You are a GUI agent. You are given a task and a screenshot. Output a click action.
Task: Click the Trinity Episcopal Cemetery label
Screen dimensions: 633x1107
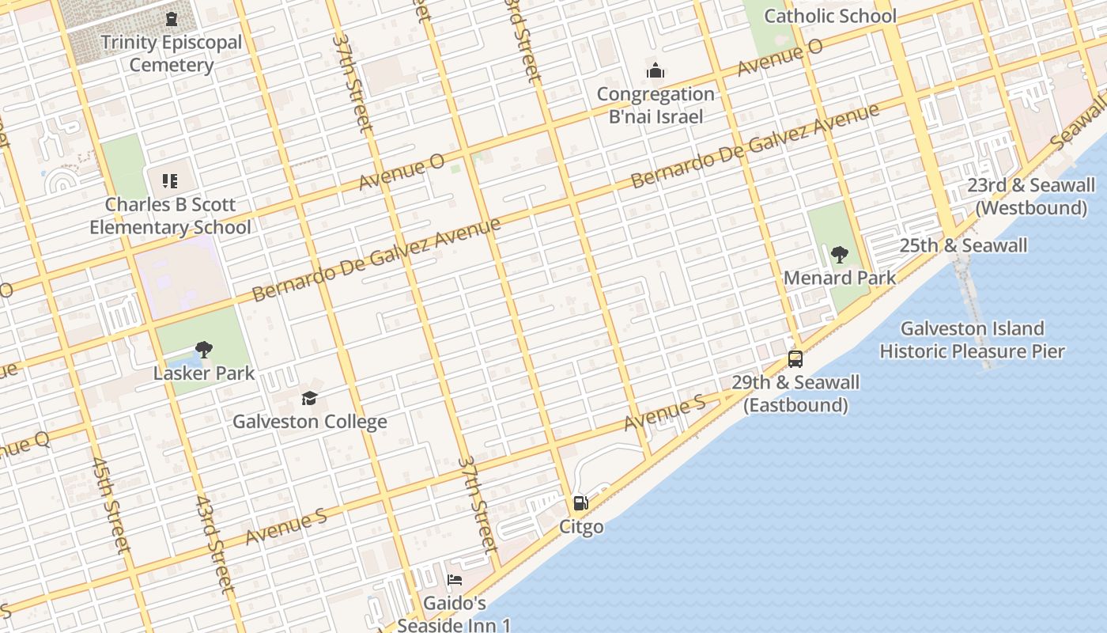click(172, 54)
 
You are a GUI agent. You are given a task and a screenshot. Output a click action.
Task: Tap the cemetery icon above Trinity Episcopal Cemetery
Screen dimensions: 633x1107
click(172, 18)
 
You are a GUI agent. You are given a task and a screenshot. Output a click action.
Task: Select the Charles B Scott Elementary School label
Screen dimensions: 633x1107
click(170, 216)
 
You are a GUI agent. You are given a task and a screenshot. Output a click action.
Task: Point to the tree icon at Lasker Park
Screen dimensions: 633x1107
click(204, 350)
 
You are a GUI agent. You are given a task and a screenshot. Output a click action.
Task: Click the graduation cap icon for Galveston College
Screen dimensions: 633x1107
click(309, 398)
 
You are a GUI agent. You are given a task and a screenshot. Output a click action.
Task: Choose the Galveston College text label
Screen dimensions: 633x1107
click(309, 422)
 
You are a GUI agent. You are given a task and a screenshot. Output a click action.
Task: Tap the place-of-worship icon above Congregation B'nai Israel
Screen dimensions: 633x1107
click(656, 71)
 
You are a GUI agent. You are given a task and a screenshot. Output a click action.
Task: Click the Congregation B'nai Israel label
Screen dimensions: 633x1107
click(656, 105)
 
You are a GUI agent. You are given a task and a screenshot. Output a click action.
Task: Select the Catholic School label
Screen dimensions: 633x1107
click(830, 16)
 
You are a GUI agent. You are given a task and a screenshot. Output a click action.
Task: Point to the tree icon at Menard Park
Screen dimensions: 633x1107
click(840, 255)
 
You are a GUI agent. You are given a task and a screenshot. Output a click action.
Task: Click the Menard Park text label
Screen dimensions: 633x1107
click(840, 278)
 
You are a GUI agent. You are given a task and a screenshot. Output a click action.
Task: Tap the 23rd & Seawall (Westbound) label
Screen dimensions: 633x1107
click(1031, 196)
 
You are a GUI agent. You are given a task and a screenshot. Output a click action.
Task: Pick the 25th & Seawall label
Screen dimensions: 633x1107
click(963, 245)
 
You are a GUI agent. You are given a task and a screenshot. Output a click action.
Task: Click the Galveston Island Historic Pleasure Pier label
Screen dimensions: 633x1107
click(972, 339)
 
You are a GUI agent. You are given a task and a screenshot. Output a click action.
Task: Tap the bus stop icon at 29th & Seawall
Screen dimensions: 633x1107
click(795, 359)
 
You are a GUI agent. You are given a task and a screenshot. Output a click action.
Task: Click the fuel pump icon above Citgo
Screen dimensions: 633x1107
click(581, 503)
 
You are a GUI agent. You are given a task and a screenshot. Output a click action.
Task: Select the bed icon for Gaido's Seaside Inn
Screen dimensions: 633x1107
click(455, 580)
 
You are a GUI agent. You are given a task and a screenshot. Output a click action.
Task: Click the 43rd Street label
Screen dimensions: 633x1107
click(214, 544)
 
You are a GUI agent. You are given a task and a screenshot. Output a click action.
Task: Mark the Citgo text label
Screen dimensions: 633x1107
click(581, 527)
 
